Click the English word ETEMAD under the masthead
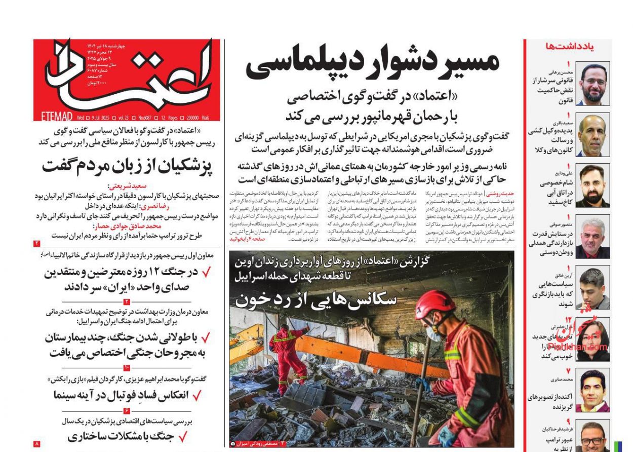click(x=55, y=117)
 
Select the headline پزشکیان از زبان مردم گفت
click(x=127, y=166)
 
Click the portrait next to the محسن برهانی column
click(x=593, y=84)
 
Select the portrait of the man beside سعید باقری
click(x=593, y=135)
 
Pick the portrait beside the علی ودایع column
click(x=593, y=185)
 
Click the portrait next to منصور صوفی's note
click(x=593, y=237)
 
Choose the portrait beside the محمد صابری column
click(x=593, y=391)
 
